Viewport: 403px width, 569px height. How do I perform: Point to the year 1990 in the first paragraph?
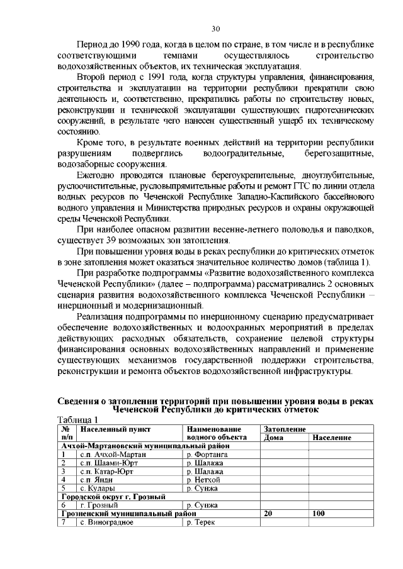click(132, 46)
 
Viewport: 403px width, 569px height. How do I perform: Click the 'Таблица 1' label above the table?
click(77, 420)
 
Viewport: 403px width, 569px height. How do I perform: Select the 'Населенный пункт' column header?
click(116, 429)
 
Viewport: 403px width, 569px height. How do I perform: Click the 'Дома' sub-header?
click(273, 437)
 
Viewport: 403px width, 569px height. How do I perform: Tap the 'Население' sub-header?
click(332, 437)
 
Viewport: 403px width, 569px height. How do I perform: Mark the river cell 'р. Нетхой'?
click(203, 479)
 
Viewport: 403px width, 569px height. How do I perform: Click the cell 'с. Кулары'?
click(98, 488)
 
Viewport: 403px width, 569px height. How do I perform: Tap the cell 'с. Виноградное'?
click(106, 522)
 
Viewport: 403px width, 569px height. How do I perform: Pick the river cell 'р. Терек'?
click(201, 522)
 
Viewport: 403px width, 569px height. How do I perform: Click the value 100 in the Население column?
click(319, 514)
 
